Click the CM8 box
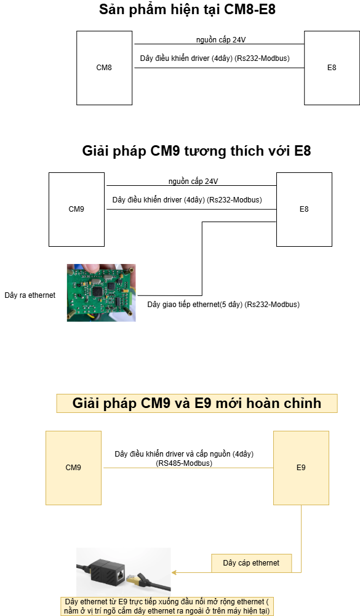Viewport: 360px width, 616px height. (104, 68)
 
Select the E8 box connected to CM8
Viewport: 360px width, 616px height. (332, 68)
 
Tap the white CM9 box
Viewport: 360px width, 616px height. (77, 209)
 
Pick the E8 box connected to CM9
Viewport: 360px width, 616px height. (304, 209)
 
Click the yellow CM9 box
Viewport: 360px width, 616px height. (73, 468)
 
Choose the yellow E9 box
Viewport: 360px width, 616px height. (301, 468)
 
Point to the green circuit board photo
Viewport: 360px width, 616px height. (102, 293)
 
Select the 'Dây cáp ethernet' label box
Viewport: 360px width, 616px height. (252, 563)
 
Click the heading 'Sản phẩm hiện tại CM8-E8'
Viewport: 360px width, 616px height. (188, 9)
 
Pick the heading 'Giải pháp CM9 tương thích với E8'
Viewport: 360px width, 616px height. (196, 151)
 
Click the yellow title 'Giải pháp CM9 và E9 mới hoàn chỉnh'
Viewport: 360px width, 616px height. (197, 403)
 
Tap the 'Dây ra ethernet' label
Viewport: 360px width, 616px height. (30, 295)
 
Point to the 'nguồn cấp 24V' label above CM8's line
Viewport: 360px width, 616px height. (221, 39)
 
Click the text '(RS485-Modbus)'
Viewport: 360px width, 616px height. (184, 463)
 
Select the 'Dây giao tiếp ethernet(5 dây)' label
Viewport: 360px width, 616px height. (195, 305)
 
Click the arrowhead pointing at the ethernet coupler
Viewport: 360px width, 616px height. (174, 572)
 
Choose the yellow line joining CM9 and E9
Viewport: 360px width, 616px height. (188, 468)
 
